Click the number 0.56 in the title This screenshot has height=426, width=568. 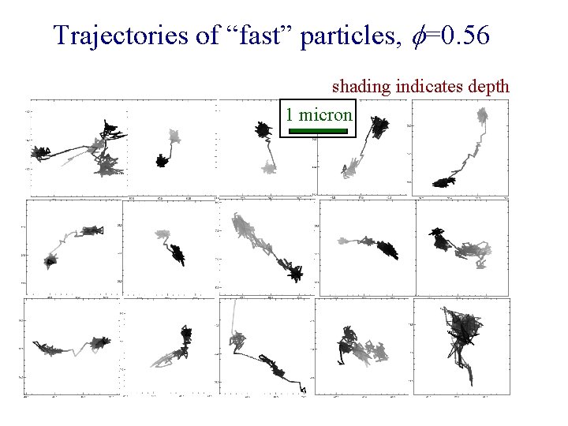[467, 35]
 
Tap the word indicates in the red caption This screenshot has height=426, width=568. [424, 85]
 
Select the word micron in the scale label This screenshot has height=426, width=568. [326, 114]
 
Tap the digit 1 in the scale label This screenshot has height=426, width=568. [290, 114]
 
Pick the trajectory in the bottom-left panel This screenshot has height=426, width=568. [71, 345]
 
